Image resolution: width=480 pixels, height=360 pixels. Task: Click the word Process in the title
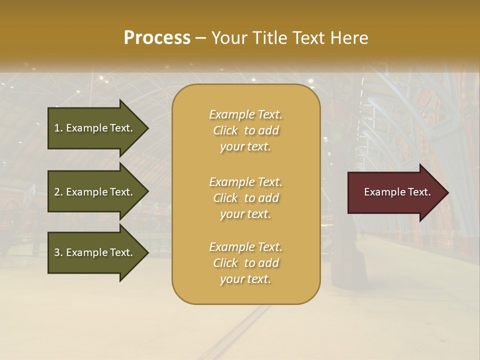tap(157, 38)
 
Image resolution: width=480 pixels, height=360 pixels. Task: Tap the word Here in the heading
tap(348, 38)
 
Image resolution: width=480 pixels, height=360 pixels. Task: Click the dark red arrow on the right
tap(395, 192)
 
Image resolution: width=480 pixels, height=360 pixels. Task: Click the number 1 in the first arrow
tap(57, 128)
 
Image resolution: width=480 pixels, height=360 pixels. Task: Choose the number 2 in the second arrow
tap(57, 192)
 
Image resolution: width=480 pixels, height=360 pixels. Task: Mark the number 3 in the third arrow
tap(57, 252)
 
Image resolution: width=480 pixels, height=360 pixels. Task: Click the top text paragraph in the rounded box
tap(245, 130)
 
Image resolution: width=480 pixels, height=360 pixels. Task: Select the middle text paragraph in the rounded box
tap(245, 198)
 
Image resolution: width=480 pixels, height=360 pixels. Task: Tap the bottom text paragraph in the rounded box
tap(245, 263)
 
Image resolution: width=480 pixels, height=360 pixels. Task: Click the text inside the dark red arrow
tap(397, 192)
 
